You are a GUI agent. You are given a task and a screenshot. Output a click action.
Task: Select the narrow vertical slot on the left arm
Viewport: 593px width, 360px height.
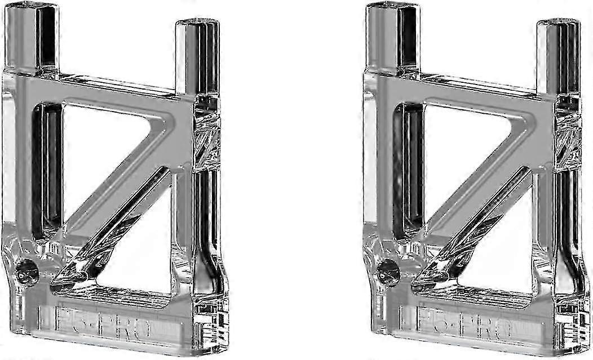click(46, 169)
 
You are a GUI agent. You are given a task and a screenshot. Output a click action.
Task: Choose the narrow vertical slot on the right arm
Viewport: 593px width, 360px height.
click(407, 169)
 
